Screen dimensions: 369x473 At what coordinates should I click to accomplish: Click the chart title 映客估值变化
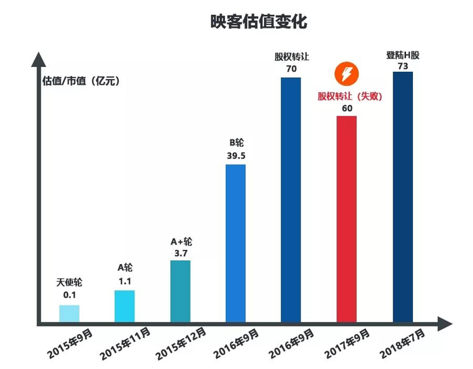tap(259, 22)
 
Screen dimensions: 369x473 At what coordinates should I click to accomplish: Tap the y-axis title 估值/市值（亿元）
tap(80, 81)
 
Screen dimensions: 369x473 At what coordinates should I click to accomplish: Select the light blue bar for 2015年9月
tap(70, 313)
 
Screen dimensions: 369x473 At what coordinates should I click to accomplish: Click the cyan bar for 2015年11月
tap(125, 306)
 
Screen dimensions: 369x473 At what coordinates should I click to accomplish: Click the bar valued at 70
tap(291, 199)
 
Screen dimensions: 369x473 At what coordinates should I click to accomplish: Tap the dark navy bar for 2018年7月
tap(402, 196)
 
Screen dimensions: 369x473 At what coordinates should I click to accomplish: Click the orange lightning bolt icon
tap(347, 74)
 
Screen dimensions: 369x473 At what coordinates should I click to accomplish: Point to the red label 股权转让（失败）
tap(350, 96)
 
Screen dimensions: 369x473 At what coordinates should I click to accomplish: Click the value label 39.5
tap(236, 156)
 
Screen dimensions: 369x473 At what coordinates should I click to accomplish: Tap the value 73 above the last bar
tap(402, 66)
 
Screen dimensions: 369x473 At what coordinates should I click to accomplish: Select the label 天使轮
tap(70, 283)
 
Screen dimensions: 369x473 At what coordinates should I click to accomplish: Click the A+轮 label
tap(181, 241)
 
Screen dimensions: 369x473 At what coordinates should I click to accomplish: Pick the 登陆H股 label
tap(403, 54)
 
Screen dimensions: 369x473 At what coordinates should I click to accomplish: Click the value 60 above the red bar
tap(347, 108)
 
